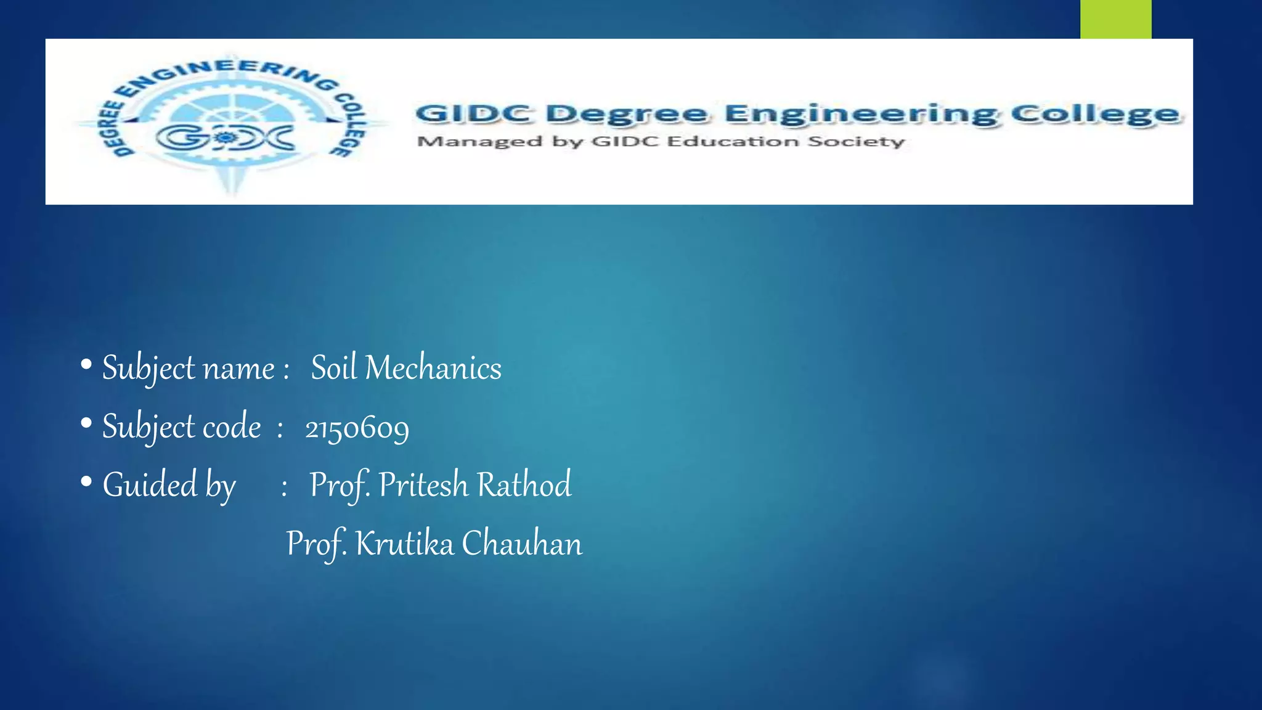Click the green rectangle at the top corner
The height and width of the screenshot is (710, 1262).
point(1115,19)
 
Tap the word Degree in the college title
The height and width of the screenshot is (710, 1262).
point(627,114)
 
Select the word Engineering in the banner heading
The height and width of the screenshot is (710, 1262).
point(860,115)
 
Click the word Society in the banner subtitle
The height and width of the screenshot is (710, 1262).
point(856,142)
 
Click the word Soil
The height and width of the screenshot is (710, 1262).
point(334,368)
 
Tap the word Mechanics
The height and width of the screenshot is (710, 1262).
point(433,368)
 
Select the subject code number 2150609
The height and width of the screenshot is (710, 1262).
point(357,427)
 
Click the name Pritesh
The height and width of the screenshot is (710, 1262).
point(423,484)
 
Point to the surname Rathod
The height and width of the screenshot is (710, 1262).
point(524,484)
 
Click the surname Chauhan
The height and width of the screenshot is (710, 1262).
point(522,544)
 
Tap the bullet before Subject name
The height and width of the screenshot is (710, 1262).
point(86,365)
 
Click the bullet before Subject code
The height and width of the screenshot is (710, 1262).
point(86,423)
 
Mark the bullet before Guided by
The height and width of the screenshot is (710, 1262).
point(86,481)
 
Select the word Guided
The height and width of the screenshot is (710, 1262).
point(150,484)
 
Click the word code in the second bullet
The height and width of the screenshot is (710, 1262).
point(232,426)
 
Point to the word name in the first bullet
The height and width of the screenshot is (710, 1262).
point(239,369)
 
